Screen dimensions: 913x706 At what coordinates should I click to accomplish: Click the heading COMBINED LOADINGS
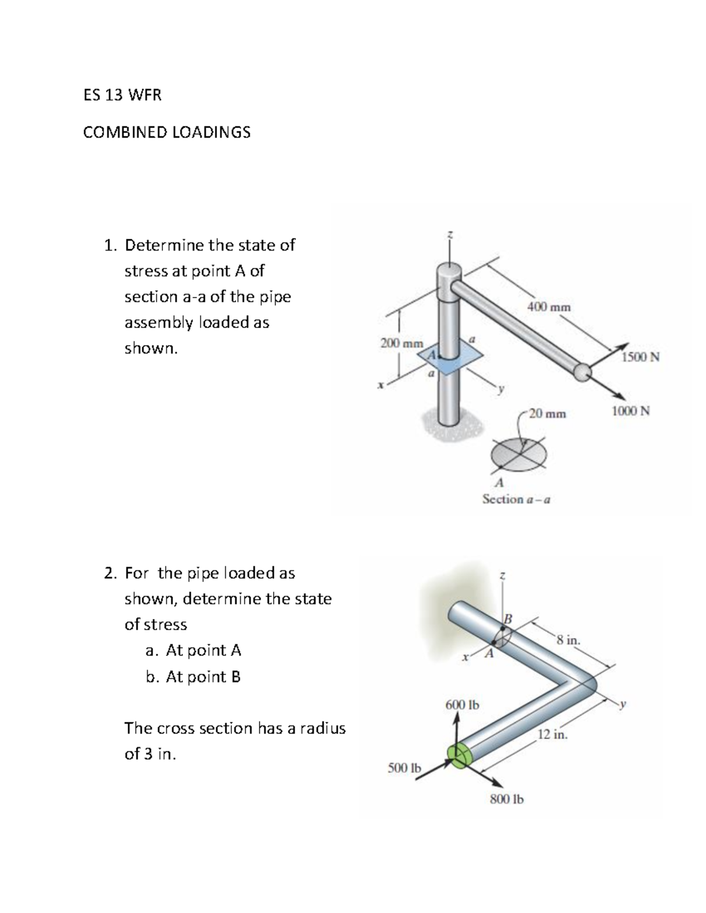pos(166,132)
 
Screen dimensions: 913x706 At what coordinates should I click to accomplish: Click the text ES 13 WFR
pos(122,95)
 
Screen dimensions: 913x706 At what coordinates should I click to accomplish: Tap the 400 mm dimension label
pos(548,307)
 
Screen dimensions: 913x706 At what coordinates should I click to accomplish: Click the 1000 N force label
pos(631,411)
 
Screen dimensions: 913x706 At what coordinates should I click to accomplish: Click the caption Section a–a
pos(516,500)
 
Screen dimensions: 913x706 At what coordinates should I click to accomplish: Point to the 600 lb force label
pos(462,704)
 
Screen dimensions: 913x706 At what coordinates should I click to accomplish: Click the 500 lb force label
pos(404,768)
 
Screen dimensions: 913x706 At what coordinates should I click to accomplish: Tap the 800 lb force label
pos(507,799)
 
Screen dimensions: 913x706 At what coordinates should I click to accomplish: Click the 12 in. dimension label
pos(552,734)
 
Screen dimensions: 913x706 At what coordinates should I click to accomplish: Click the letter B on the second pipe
pos(508,618)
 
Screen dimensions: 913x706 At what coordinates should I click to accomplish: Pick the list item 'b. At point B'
pos(193,677)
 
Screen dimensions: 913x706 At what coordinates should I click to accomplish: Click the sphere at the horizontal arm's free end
pos(582,372)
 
